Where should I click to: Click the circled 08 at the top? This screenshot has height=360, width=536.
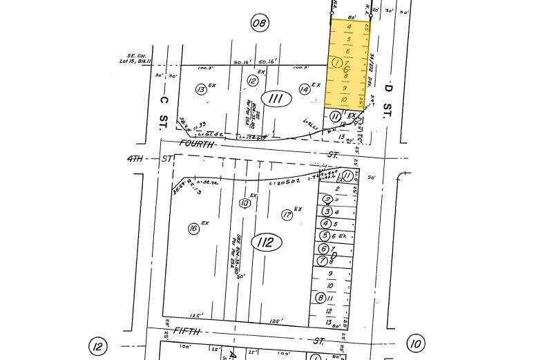(x=259, y=23)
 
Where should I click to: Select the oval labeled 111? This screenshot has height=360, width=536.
(x=276, y=99)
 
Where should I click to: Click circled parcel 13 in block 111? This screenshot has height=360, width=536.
(x=201, y=89)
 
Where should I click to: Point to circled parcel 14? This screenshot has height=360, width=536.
(x=304, y=89)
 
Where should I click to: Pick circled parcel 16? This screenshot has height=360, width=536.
(x=193, y=229)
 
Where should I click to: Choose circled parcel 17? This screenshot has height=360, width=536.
(x=287, y=215)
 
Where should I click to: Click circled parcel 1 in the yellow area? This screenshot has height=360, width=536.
(x=336, y=63)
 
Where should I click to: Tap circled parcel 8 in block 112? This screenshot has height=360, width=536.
(x=320, y=298)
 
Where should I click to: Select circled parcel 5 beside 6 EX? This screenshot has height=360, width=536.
(x=325, y=236)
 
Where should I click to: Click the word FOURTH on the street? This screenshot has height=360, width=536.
(x=196, y=144)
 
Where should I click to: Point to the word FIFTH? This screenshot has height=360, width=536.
(x=186, y=332)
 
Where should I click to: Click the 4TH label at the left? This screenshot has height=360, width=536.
(x=135, y=158)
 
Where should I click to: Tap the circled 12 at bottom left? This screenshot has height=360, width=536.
(x=98, y=345)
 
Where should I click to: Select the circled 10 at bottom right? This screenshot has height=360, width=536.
(x=415, y=343)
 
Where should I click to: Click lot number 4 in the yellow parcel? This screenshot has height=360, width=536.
(x=350, y=28)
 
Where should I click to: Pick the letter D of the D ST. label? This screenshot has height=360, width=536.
(x=388, y=88)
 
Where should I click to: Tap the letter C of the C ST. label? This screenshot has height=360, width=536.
(x=164, y=101)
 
